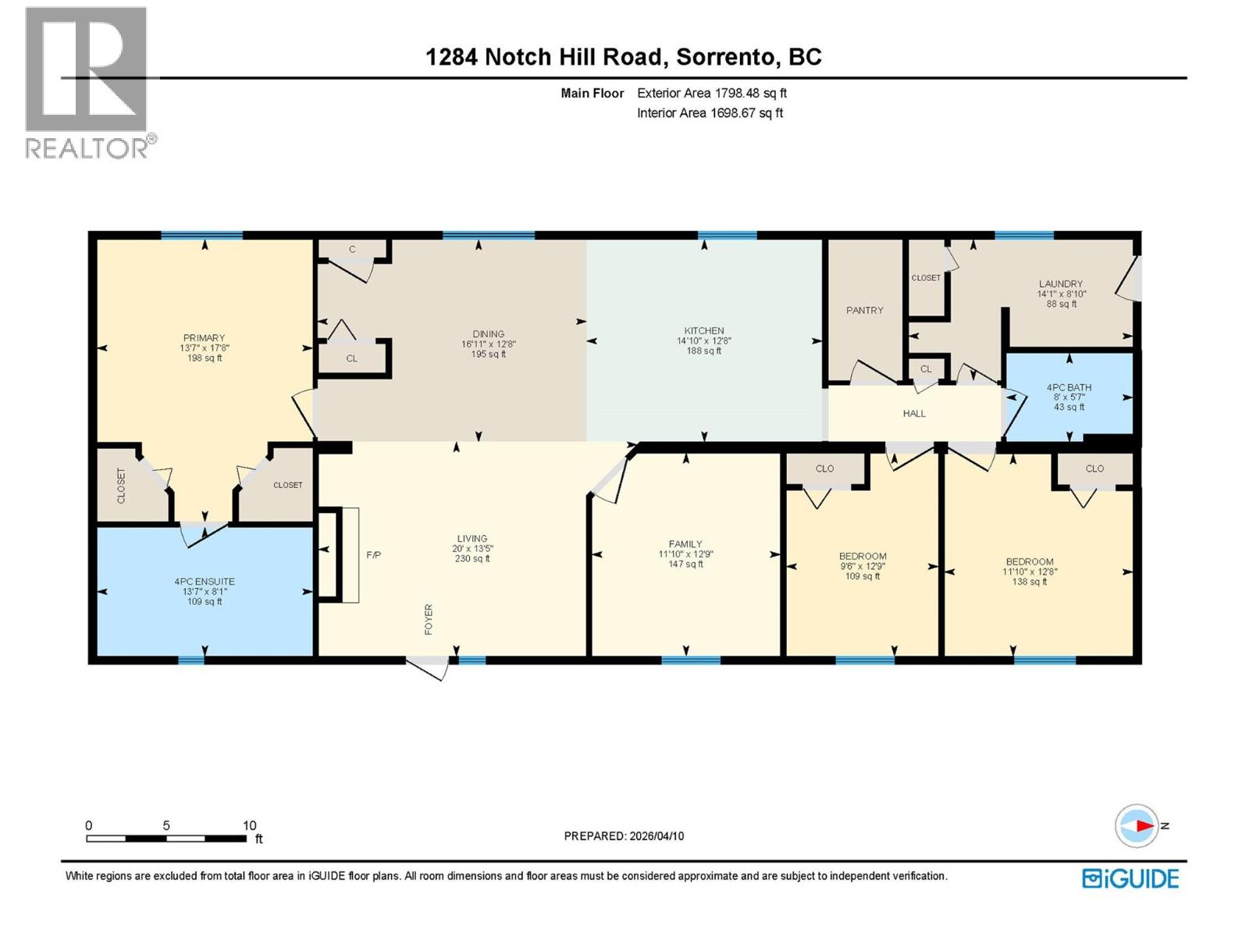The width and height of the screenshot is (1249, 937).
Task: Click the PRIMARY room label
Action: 204,338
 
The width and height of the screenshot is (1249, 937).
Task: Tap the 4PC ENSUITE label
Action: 205,582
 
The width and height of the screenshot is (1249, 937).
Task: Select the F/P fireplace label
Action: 373,555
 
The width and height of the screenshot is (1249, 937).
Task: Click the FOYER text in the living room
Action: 429,619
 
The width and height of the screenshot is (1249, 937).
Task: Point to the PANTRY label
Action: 865,310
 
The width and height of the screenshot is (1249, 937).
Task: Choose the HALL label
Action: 914,414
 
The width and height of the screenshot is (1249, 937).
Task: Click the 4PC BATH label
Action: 1069,387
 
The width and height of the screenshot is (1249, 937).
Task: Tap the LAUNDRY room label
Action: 1061,284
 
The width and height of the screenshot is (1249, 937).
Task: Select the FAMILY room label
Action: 685,544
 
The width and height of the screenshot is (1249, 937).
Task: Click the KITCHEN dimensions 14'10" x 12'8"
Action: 703,341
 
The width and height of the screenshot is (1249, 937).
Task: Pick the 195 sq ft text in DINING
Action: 489,354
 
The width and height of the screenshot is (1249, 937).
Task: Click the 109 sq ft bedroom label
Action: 863,576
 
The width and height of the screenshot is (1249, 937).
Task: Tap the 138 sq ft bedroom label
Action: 1030,582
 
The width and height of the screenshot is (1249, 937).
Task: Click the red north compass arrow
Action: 1144,825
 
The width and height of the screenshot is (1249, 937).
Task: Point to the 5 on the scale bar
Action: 166,825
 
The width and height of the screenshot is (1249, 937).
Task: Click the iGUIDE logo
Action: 1130,878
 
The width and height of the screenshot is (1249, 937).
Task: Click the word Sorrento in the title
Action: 726,57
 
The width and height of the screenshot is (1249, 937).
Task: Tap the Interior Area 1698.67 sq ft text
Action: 710,113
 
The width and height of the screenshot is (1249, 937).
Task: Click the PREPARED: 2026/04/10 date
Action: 624,835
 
